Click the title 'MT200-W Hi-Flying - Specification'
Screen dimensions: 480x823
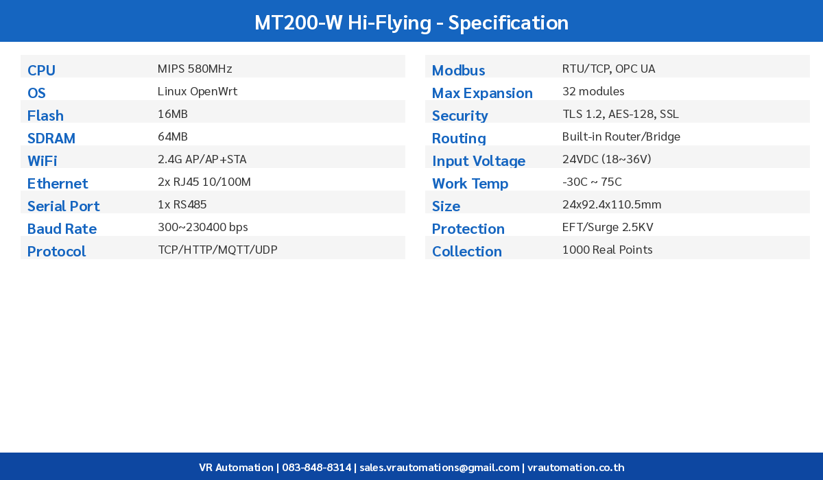(x=411, y=23)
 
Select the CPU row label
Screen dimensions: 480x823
(x=41, y=70)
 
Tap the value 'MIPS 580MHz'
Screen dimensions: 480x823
(x=195, y=69)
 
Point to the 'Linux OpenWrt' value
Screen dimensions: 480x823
(x=198, y=91)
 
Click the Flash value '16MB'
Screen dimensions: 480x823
(x=173, y=114)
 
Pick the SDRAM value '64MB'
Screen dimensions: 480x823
(x=173, y=136)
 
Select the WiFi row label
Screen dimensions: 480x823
(x=42, y=160)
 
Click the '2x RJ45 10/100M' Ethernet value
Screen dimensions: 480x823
(x=204, y=182)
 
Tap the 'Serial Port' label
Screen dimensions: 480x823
(x=63, y=206)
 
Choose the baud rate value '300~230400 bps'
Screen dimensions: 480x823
(x=203, y=227)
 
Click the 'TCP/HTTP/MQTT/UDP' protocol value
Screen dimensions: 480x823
(x=217, y=250)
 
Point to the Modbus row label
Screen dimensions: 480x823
(x=458, y=70)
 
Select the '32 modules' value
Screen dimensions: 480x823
(x=593, y=91)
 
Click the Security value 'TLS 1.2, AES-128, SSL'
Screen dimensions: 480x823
(x=621, y=114)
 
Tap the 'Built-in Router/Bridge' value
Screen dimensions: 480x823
(x=621, y=136)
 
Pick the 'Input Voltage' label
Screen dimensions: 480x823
(x=479, y=160)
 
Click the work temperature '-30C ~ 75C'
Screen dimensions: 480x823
(x=592, y=182)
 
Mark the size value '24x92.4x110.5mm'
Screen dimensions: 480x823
(x=612, y=204)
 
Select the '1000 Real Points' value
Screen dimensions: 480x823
(x=607, y=250)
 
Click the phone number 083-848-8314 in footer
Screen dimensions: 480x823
(x=315, y=467)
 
